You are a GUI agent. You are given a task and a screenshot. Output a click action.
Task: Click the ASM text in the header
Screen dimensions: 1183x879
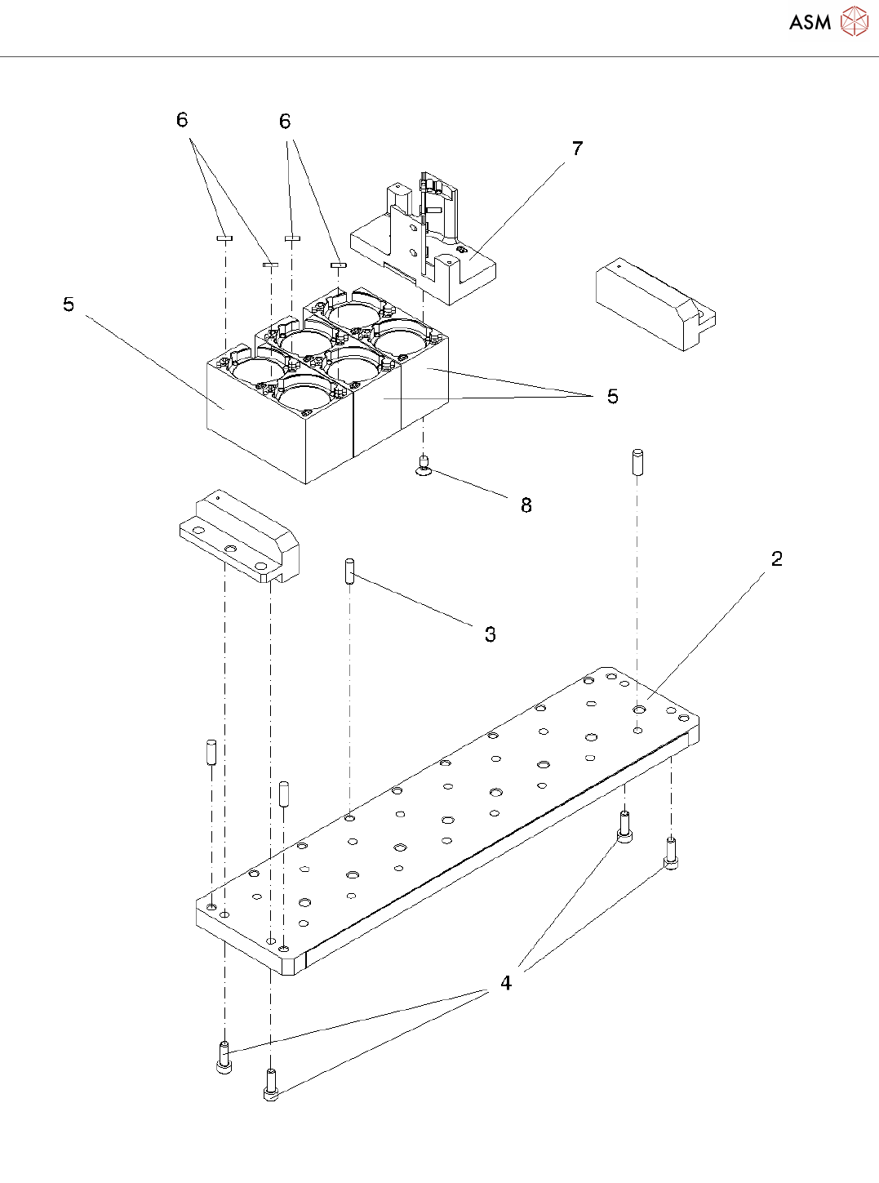click(810, 22)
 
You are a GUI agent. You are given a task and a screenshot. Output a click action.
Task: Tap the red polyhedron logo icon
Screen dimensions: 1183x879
click(854, 21)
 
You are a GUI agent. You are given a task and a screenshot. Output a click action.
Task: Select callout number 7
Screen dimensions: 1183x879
click(578, 149)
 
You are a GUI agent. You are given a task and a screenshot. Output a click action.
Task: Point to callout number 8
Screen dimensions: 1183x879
click(526, 505)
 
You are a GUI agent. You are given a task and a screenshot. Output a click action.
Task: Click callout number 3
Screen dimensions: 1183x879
click(490, 634)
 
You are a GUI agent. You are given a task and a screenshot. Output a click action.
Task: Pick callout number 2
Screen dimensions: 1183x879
click(776, 559)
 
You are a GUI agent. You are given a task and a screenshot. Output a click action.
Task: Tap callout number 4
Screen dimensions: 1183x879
click(506, 983)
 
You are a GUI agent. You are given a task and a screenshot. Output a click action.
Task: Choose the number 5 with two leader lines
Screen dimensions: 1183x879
click(612, 397)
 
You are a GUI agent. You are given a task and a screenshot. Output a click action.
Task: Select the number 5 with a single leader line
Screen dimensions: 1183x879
click(69, 305)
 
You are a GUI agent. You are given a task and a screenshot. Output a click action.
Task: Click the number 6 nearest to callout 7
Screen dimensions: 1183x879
click(285, 122)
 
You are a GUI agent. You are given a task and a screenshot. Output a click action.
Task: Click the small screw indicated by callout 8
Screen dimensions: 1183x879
click(424, 465)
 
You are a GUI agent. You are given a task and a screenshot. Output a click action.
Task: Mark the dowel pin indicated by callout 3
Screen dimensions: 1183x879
click(349, 570)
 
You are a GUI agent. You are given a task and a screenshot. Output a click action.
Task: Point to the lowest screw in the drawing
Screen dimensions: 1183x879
click(271, 1086)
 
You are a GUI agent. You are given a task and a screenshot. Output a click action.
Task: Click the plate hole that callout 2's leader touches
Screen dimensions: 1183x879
click(639, 710)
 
